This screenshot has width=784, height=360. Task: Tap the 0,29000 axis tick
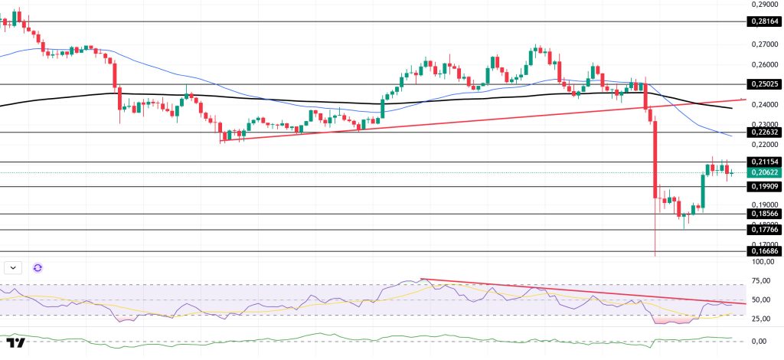pos(763,5)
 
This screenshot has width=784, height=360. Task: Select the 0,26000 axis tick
pos(763,64)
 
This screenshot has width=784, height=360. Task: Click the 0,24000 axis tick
pos(763,104)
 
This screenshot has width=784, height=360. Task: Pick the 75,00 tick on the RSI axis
pos(761,280)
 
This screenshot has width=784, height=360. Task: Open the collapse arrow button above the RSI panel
pos(15,267)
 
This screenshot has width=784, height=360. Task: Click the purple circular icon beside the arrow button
pos(38,267)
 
